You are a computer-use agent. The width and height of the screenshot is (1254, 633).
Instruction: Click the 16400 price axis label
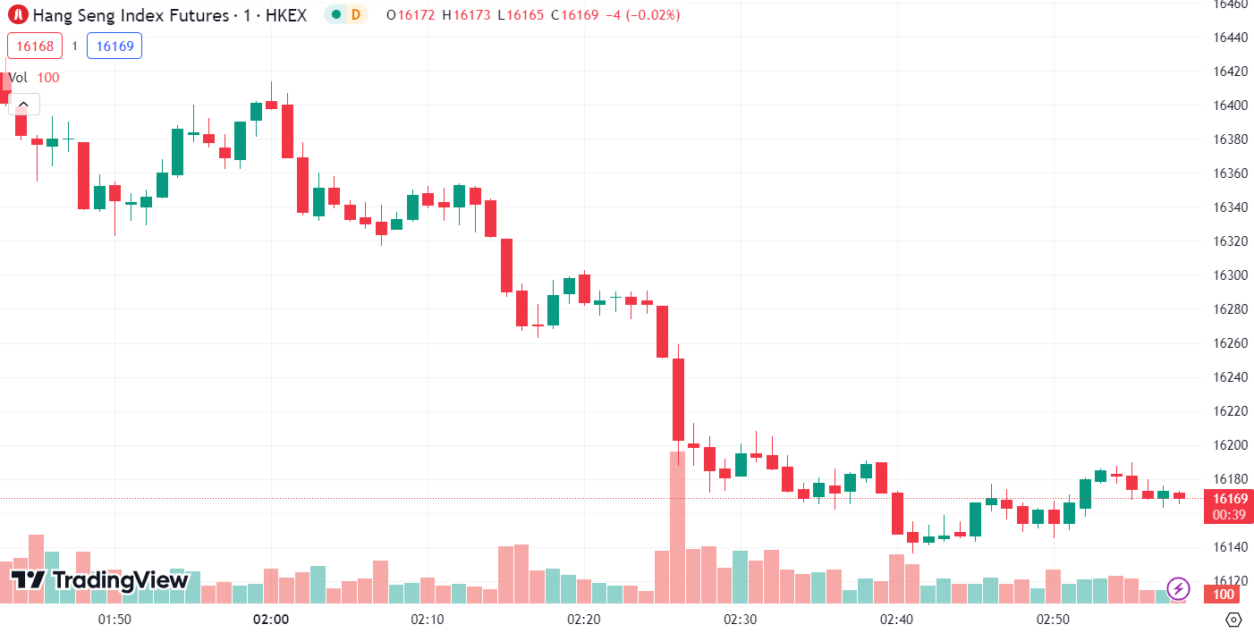(x=1230, y=105)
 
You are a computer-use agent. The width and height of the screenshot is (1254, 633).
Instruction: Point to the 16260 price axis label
(x=1230, y=343)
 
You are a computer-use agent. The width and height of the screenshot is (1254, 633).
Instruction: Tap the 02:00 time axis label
(x=270, y=620)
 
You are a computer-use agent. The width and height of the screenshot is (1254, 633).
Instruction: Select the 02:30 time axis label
(x=741, y=620)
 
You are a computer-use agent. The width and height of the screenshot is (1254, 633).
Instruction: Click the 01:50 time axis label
(x=114, y=620)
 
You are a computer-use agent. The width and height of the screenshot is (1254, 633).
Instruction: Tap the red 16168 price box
(x=35, y=46)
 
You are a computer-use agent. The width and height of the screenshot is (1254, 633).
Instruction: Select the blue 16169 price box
(x=114, y=46)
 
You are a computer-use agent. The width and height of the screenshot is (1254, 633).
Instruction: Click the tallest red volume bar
(x=677, y=527)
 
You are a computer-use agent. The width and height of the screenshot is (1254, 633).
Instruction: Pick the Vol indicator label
(x=19, y=78)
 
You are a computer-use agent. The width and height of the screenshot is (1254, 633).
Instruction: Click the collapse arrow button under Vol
(x=23, y=105)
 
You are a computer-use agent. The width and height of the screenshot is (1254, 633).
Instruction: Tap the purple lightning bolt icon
(x=1179, y=588)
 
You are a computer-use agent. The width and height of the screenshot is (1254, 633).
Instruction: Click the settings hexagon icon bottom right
(x=1233, y=620)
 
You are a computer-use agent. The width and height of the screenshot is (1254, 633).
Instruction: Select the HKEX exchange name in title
(x=286, y=15)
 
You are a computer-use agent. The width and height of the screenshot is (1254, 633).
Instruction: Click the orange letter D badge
(x=356, y=14)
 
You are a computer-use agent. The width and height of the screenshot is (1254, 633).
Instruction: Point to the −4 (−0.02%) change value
(x=642, y=15)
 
